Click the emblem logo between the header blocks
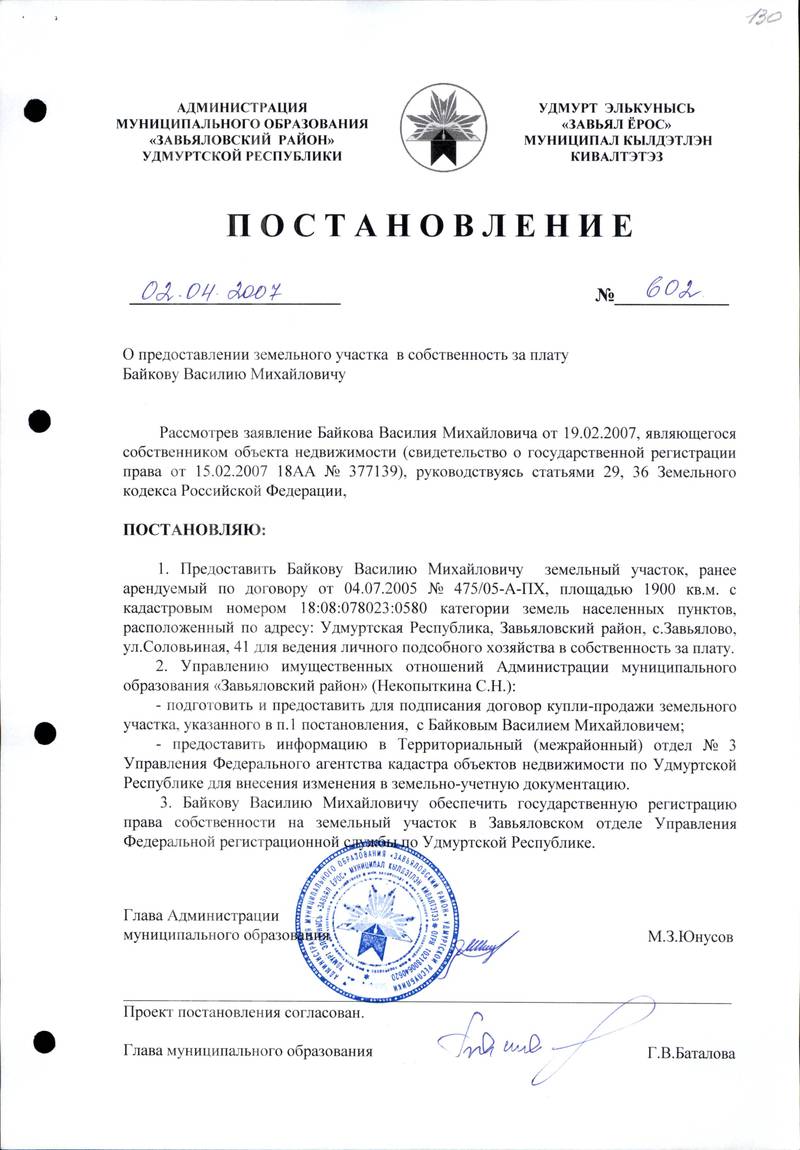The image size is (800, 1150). point(443,127)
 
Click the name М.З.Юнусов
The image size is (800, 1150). point(691,937)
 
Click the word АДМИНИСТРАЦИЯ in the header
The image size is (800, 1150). point(242,107)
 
